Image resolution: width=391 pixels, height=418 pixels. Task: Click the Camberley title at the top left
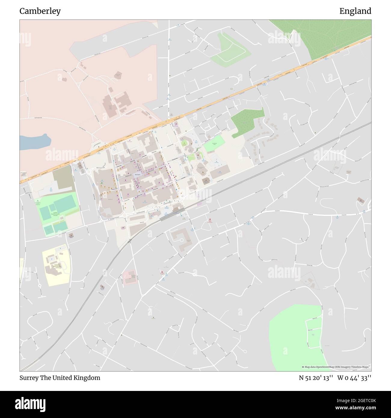(40, 11)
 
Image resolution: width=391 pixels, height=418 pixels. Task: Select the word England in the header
(355, 11)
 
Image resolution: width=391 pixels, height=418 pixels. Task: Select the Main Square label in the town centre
(138, 174)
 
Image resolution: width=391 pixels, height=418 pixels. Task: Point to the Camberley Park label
(214, 144)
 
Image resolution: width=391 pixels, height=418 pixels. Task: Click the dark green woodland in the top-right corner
(325, 36)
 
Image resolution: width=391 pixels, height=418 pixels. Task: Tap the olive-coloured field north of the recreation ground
(63, 177)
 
